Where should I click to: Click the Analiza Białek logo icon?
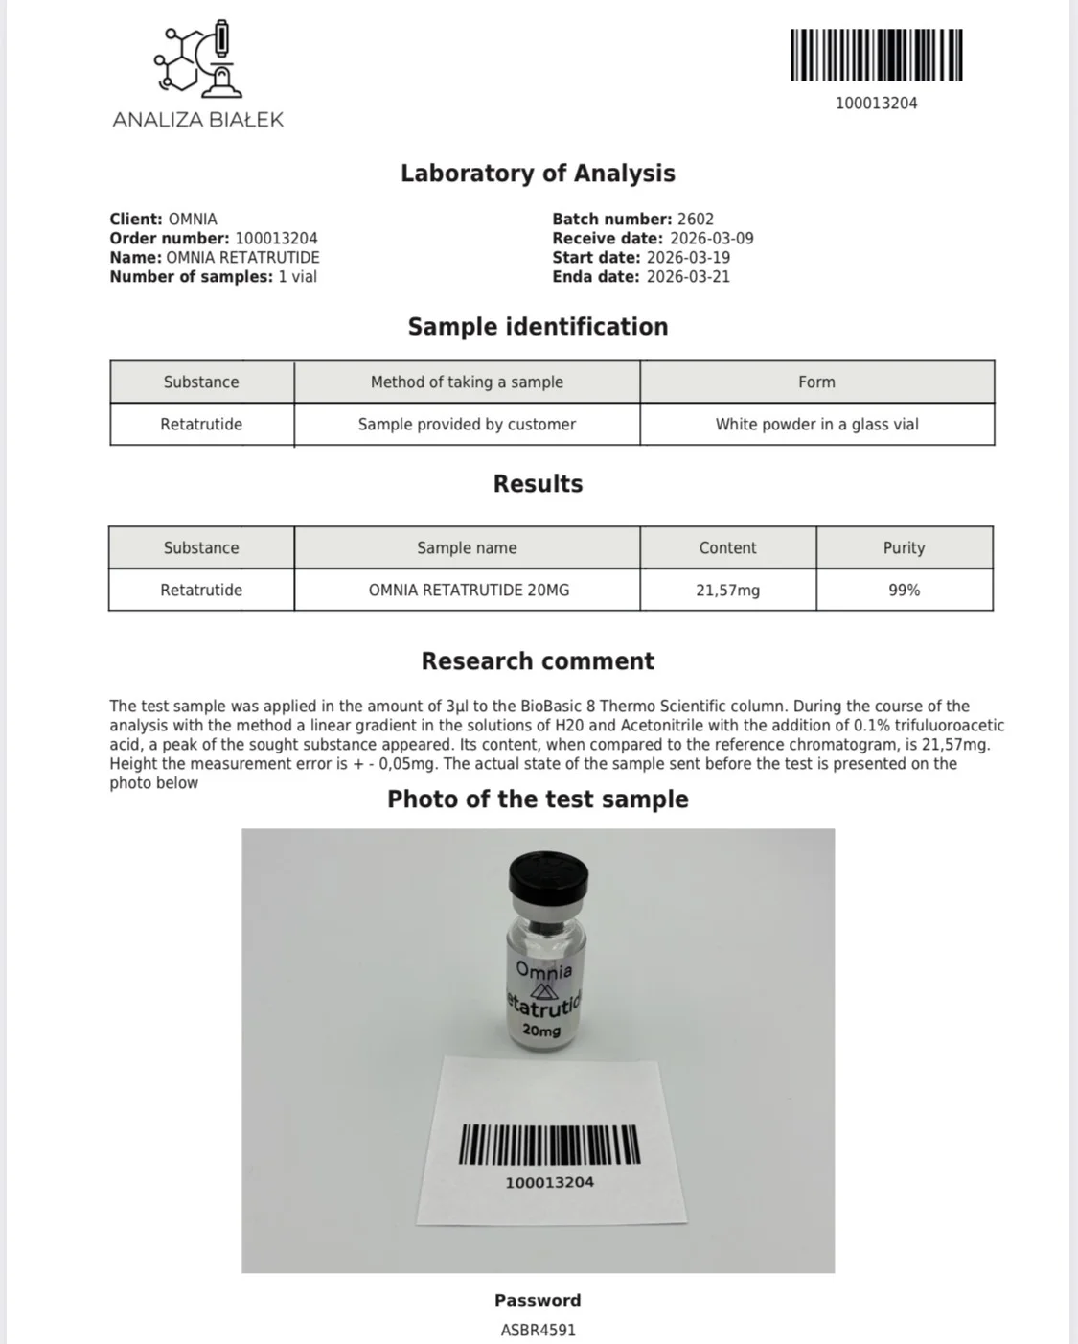(198, 58)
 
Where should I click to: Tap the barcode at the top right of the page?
(876, 56)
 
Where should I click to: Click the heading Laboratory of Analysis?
(538, 174)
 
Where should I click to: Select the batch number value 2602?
(696, 220)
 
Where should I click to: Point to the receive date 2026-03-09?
(711, 239)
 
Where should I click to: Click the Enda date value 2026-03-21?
(688, 277)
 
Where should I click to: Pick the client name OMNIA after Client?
(193, 220)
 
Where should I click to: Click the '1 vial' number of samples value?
(297, 277)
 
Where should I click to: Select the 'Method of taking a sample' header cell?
(467, 382)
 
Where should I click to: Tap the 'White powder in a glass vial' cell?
(816, 425)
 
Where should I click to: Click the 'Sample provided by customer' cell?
(467, 425)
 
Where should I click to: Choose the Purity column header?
(904, 548)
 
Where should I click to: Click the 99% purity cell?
(904, 591)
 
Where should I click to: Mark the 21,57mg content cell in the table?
(727, 591)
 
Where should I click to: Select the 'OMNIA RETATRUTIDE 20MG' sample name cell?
(469, 591)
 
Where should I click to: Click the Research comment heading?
(538, 661)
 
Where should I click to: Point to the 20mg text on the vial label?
(541, 1031)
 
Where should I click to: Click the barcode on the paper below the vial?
(549, 1145)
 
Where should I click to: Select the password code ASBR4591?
(538, 1331)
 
